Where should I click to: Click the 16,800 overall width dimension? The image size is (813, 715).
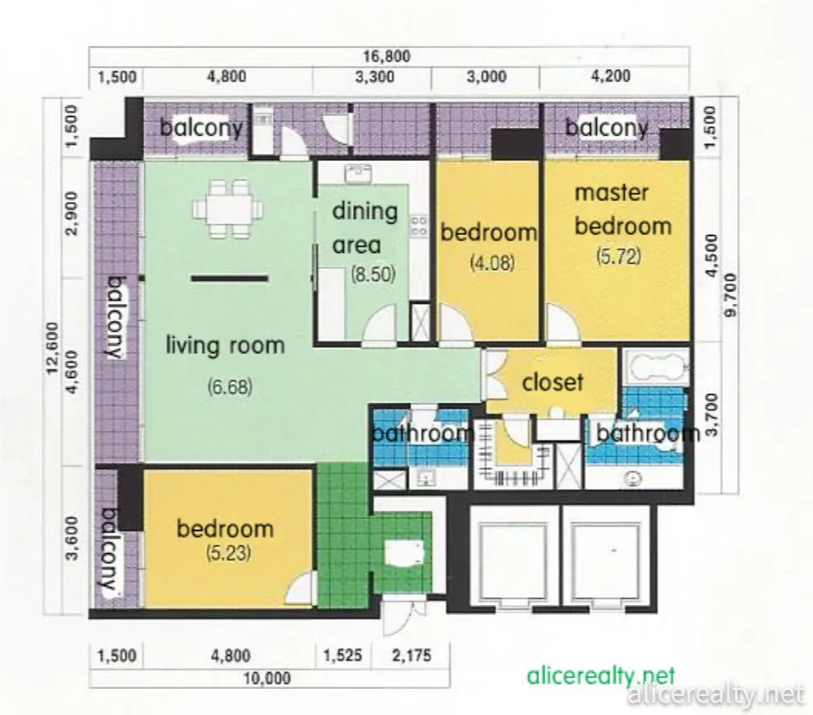[387, 55]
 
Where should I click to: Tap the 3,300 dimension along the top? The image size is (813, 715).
[374, 77]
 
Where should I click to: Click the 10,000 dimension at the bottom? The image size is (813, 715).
[267, 677]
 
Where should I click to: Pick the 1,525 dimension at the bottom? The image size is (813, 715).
[342, 655]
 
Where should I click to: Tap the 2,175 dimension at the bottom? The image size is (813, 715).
[412, 655]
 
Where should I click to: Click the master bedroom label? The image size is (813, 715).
[624, 210]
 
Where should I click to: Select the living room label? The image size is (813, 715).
[225, 345]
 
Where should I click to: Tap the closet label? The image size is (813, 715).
[553, 383]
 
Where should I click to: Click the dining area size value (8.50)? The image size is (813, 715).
[373, 274]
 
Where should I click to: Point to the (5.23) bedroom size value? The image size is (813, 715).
[228, 553]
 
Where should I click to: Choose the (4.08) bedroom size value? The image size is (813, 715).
[492, 263]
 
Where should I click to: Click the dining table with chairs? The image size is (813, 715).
[228, 208]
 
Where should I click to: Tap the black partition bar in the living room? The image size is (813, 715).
[230, 279]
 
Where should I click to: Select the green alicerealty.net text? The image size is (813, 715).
[601, 676]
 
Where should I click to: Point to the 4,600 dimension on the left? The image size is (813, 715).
[72, 371]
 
